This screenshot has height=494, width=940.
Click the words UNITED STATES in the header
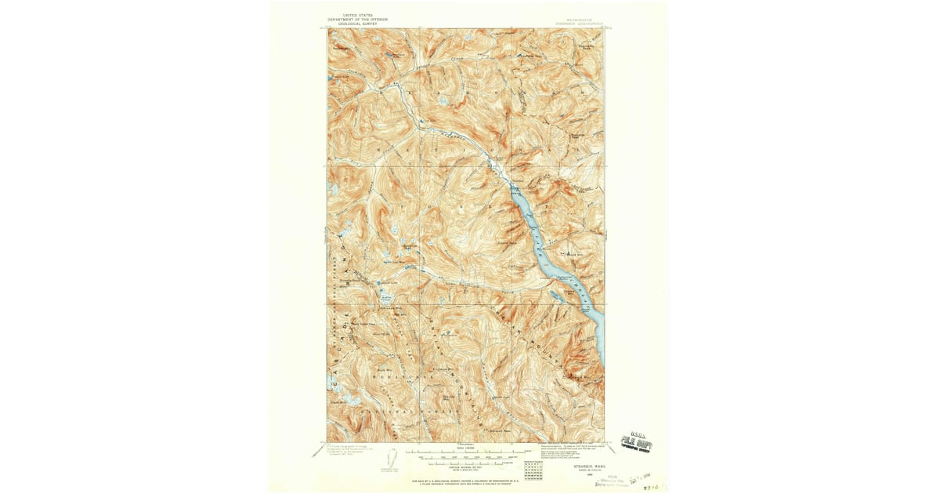pyautogui.click(x=357, y=15)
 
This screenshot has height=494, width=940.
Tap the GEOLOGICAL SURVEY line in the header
pyautogui.click(x=357, y=24)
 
